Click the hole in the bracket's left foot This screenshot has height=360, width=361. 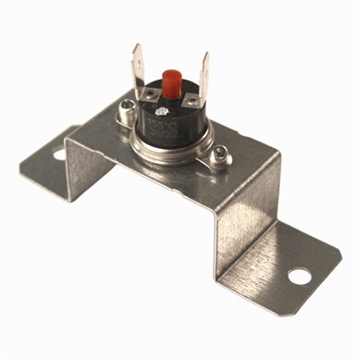tap(60, 153)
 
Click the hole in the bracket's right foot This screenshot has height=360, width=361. tap(297, 275)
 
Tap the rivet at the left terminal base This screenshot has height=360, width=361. tap(152, 95)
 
